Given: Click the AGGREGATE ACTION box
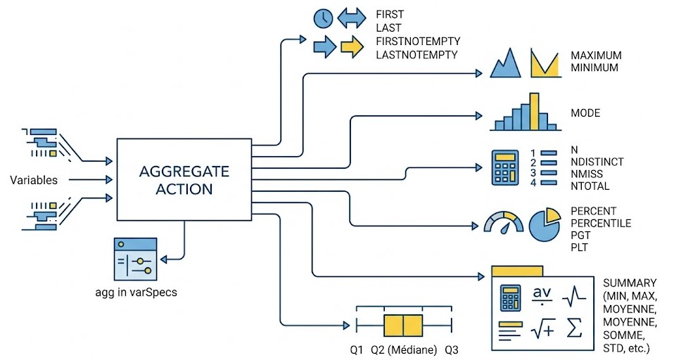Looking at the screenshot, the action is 184,179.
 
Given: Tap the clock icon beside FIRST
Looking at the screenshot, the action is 323,18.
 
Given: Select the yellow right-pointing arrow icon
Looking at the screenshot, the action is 352,46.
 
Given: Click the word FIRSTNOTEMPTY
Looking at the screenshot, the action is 418,41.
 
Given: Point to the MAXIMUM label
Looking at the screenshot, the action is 596,56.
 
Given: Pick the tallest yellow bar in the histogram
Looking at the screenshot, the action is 534,111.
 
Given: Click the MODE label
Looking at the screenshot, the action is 585,113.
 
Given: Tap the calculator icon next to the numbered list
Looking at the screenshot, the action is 504,167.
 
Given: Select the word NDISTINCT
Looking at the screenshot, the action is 597,162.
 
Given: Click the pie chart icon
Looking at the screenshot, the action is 544,225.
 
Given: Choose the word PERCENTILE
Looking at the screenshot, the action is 601,224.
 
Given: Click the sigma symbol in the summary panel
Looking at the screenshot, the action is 574,328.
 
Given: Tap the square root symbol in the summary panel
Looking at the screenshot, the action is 542,328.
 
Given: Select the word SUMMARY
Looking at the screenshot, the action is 629,283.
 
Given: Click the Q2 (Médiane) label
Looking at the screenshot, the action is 404,349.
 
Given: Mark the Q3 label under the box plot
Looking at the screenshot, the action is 452,349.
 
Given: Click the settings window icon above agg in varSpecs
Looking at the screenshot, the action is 135,259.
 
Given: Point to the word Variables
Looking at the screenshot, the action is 34,180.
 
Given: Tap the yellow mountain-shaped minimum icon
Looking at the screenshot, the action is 546,63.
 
